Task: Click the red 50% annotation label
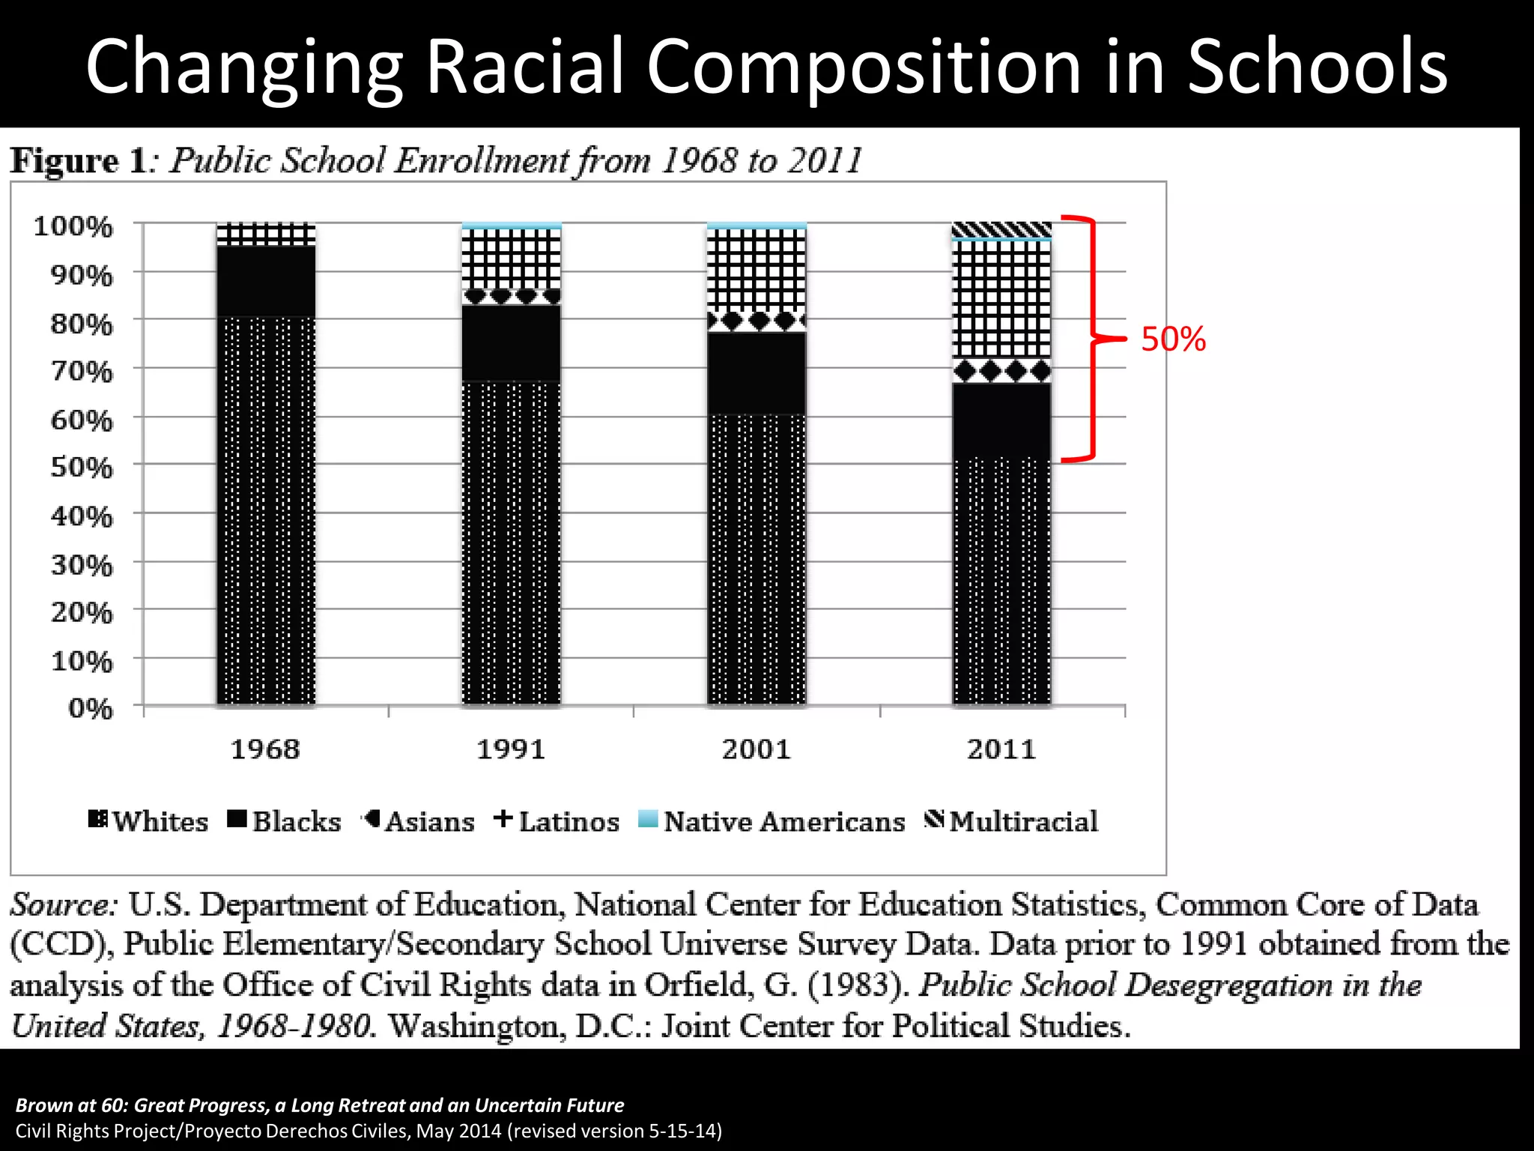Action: (1173, 339)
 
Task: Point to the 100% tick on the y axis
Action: (73, 226)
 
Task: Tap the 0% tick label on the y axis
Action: (90, 708)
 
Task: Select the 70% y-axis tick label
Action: (82, 371)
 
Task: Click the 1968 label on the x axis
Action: (265, 749)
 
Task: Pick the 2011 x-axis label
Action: (1001, 749)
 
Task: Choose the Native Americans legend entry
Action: (771, 821)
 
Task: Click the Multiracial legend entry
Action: (1011, 821)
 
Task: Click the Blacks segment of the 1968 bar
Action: (266, 281)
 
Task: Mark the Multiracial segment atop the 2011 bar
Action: (1001, 229)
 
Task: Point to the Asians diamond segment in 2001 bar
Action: (757, 321)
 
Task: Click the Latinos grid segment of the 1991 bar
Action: (511, 259)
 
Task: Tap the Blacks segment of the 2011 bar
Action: (1001, 420)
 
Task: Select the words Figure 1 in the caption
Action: (78, 161)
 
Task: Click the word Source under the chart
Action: (63, 905)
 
